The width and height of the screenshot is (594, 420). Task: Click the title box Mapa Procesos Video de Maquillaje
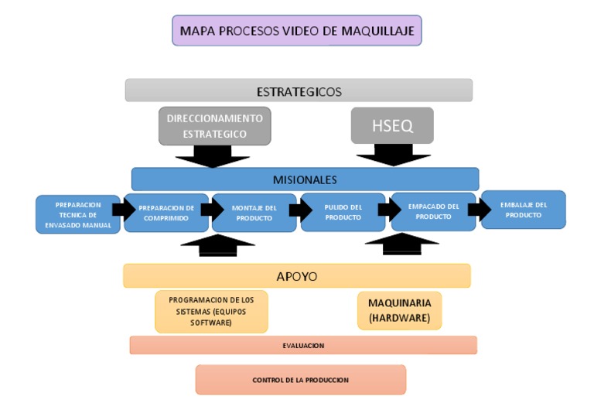[x=297, y=31]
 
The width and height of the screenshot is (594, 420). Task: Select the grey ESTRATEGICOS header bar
[x=299, y=90]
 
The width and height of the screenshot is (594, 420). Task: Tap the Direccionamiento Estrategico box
[x=214, y=126]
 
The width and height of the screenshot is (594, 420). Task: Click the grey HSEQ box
[x=392, y=125]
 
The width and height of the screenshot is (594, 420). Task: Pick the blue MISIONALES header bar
[x=305, y=179]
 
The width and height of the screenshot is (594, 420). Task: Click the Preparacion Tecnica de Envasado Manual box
[x=77, y=214]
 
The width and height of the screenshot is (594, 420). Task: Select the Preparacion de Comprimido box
[x=166, y=213]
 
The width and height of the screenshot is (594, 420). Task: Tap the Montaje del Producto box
[x=254, y=213]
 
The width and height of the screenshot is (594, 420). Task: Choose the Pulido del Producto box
[x=343, y=213]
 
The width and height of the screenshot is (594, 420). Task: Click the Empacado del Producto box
[x=433, y=211]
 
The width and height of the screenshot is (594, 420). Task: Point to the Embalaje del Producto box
[x=523, y=210]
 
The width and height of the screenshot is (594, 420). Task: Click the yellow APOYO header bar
[x=296, y=275]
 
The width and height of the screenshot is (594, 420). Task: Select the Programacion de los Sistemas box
[x=211, y=311]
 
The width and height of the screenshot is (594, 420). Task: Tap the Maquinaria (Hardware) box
[x=399, y=310]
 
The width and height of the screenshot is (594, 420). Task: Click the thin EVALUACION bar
[x=303, y=345]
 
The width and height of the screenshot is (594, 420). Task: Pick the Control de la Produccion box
[x=300, y=380]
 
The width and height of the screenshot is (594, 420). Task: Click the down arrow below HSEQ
[x=393, y=156]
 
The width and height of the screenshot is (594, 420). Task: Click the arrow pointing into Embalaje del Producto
[x=479, y=209]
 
